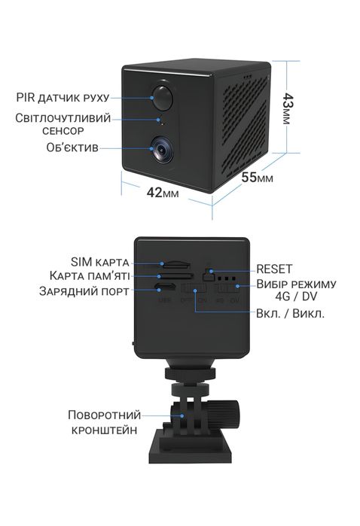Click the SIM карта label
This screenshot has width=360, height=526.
(x=101, y=261)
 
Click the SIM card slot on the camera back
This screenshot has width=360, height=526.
(x=175, y=265)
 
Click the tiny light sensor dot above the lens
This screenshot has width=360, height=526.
(x=160, y=120)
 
